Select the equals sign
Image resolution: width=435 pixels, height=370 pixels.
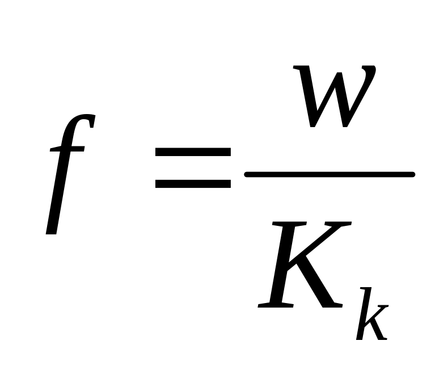[193, 168]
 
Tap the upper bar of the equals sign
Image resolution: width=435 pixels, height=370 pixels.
[193, 152]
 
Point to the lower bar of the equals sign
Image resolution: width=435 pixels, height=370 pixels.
[193, 184]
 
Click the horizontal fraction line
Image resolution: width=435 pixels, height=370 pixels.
[329, 174]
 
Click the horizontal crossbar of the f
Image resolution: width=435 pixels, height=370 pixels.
[67, 149]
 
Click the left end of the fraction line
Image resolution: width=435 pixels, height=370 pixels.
[247, 174]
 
